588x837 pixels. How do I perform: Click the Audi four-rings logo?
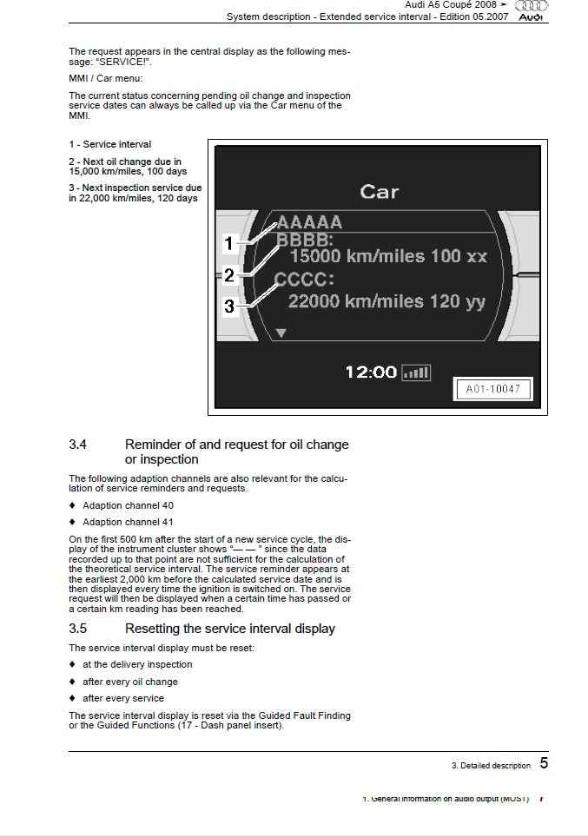click(532, 5)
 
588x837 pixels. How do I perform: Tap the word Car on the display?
click(380, 191)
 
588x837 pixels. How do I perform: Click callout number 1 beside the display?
click(228, 244)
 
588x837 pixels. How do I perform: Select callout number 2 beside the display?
click(228, 276)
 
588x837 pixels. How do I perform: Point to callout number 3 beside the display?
click(228, 306)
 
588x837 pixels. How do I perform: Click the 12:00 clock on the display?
click(371, 372)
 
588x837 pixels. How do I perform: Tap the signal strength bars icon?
click(416, 372)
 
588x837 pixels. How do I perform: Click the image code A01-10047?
click(492, 389)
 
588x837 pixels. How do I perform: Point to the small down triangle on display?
click(281, 333)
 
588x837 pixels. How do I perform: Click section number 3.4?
click(78, 445)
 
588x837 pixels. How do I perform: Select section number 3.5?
click(78, 629)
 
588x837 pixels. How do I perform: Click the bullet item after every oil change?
click(129, 682)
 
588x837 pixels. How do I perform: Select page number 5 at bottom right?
click(544, 763)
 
